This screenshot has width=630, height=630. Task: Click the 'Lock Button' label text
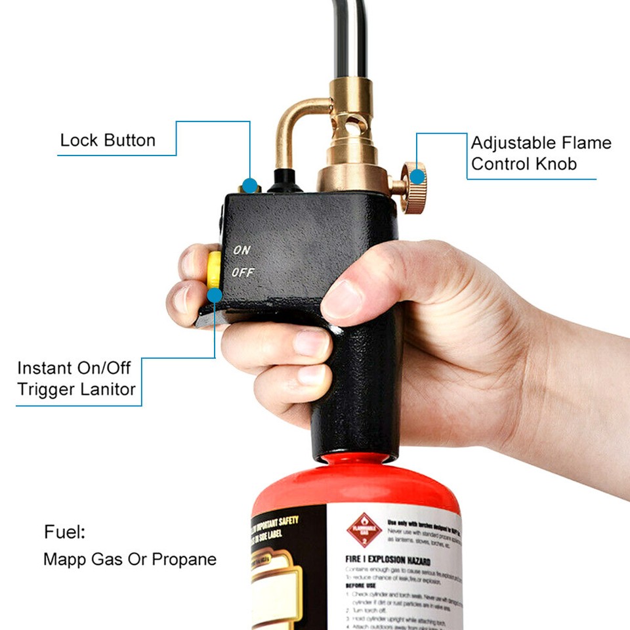pyautogui.click(x=108, y=140)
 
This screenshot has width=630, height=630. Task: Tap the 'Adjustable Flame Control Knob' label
pyautogui.click(x=540, y=153)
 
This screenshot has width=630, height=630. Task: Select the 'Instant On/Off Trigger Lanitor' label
pyautogui.click(x=76, y=379)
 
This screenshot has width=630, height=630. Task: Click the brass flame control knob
pyautogui.click(x=413, y=187)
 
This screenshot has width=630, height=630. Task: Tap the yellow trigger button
pyautogui.click(x=214, y=270)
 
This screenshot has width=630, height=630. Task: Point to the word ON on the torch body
pyautogui.click(x=241, y=250)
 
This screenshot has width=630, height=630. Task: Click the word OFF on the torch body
pyautogui.click(x=242, y=272)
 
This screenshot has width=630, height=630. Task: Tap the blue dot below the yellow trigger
pyautogui.click(x=215, y=297)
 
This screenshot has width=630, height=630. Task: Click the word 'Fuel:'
pyautogui.click(x=64, y=532)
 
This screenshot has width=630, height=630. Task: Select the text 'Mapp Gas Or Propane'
pyautogui.click(x=129, y=560)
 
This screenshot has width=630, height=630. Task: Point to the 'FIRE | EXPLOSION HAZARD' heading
pyautogui.click(x=388, y=562)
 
